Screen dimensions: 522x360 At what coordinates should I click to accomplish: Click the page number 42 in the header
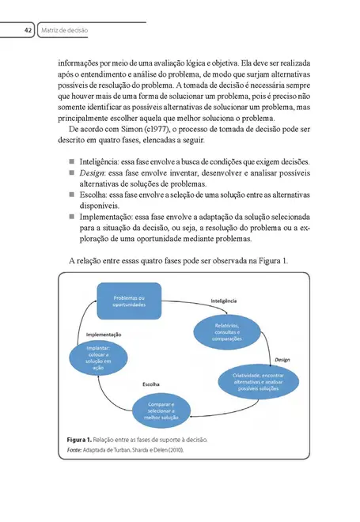pyautogui.click(x=27, y=30)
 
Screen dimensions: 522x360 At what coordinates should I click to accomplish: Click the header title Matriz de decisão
pyautogui.click(x=65, y=30)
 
